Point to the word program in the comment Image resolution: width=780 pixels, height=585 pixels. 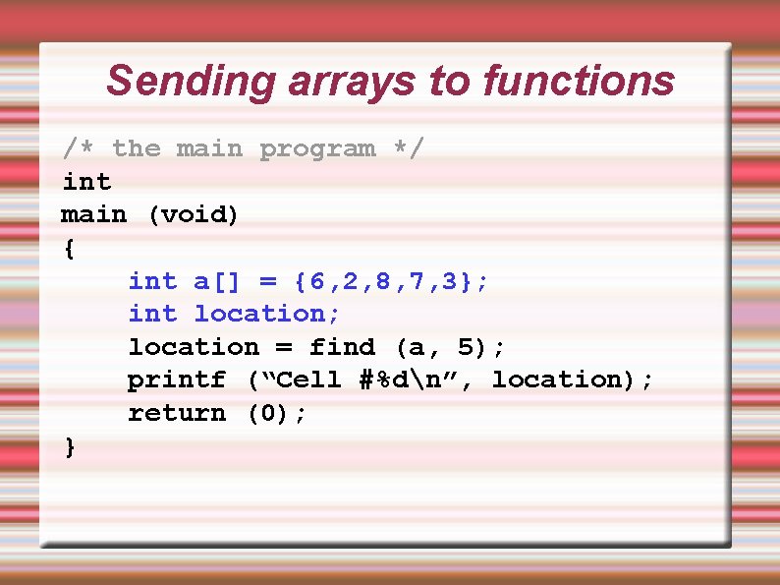316,148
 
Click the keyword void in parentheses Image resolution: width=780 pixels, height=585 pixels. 194,214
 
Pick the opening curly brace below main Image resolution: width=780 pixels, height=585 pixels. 69,248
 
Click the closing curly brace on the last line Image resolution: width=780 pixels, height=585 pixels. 69,446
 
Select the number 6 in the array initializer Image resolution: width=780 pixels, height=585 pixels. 316,281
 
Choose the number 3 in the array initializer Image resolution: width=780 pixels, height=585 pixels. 449,281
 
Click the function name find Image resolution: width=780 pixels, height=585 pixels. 342,347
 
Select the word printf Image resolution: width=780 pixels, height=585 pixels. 177,380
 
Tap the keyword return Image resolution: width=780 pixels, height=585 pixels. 177,413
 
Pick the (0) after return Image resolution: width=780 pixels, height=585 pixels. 267,413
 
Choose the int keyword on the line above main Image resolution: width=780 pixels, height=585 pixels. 86,182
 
